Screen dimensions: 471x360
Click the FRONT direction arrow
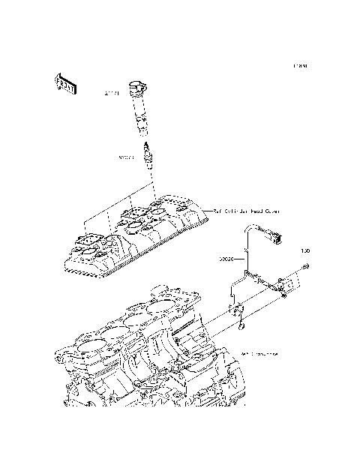[x=65, y=85]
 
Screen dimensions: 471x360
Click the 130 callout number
[x=304, y=250]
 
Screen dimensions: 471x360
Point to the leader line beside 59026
[x=240, y=259]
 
